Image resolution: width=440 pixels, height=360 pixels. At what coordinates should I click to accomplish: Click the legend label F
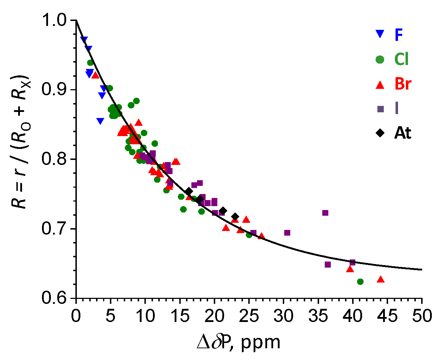coord(398,34)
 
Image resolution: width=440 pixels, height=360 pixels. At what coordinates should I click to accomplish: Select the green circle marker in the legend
coord(380,59)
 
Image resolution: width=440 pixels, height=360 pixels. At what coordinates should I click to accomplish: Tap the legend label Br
coord(403,84)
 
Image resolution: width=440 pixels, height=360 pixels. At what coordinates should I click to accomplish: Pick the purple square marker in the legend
coord(381,109)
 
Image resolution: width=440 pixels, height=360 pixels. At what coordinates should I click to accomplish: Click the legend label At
coord(403,133)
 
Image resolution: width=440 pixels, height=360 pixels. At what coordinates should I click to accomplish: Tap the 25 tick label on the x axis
coord(249,315)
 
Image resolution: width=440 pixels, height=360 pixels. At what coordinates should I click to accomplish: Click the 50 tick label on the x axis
coord(422,315)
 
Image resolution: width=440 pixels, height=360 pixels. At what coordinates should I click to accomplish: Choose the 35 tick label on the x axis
coord(318,315)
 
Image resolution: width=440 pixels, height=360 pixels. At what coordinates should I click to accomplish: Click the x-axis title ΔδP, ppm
coord(238,342)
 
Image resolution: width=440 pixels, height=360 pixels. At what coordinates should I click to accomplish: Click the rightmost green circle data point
coord(360,281)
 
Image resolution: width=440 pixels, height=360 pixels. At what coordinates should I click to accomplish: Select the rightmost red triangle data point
coord(381,279)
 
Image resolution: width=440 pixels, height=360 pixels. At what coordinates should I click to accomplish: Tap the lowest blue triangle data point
coord(100,121)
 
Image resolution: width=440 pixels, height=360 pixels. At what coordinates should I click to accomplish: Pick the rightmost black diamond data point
coord(235,216)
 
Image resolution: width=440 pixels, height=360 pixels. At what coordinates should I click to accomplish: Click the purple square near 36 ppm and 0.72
coord(325,213)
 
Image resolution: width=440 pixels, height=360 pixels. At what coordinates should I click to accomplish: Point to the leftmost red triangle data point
coord(95,75)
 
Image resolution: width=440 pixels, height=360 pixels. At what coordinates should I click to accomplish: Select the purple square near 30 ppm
coord(287,233)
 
